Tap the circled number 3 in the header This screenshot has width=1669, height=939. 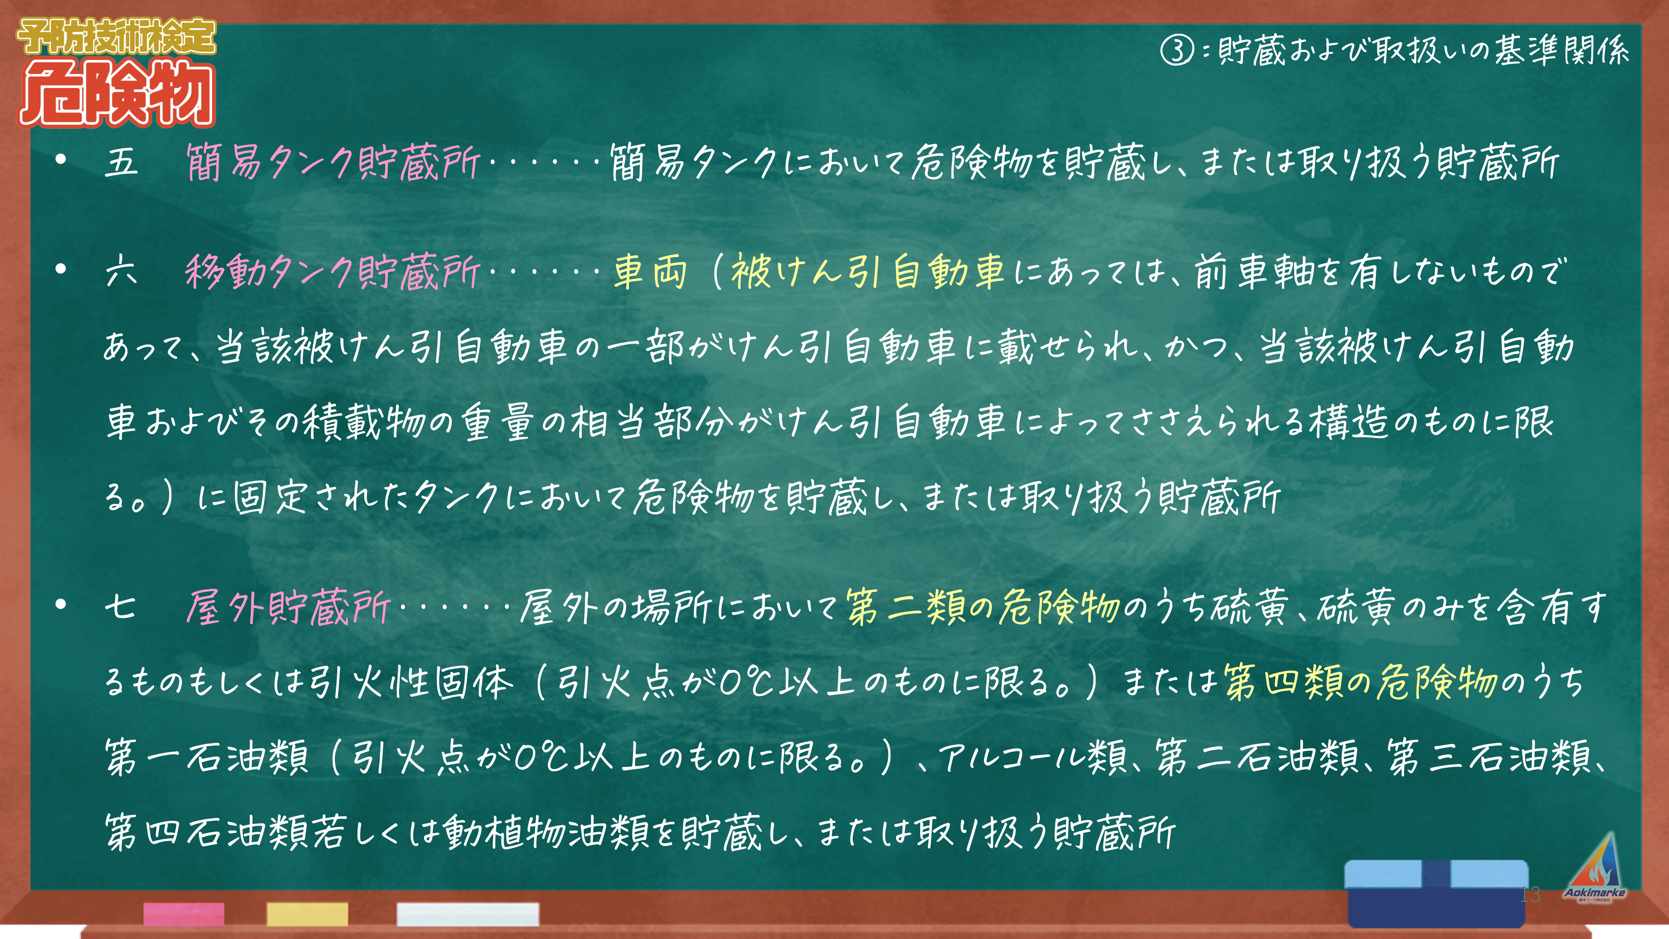[1177, 50]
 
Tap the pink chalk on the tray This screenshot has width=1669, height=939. [184, 914]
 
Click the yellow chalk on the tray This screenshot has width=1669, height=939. [307, 914]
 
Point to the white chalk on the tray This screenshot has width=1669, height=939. [468, 914]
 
